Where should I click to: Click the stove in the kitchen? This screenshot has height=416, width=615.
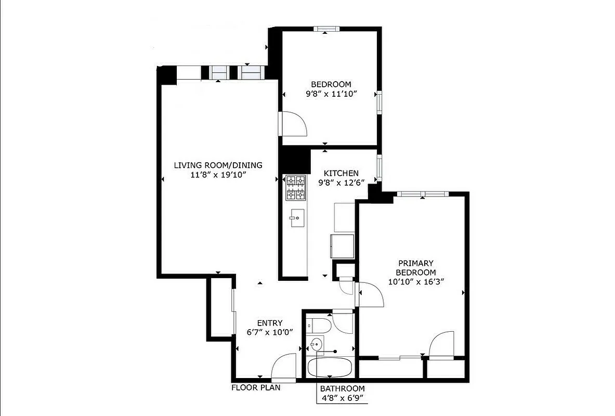(295, 188)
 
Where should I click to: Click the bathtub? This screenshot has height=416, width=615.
(330, 368)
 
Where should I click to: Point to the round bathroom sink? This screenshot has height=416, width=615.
(316, 344)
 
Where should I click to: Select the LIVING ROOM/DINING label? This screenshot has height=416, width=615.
(218, 165)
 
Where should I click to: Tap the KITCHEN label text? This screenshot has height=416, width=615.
(341, 173)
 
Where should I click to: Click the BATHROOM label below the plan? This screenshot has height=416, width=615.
(342, 388)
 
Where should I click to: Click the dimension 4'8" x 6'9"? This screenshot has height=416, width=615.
(342, 398)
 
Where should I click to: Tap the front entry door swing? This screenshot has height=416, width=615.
(285, 366)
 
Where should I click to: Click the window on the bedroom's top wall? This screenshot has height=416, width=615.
(326, 29)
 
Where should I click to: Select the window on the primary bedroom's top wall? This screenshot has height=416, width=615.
(422, 194)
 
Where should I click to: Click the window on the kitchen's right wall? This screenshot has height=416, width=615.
(380, 166)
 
